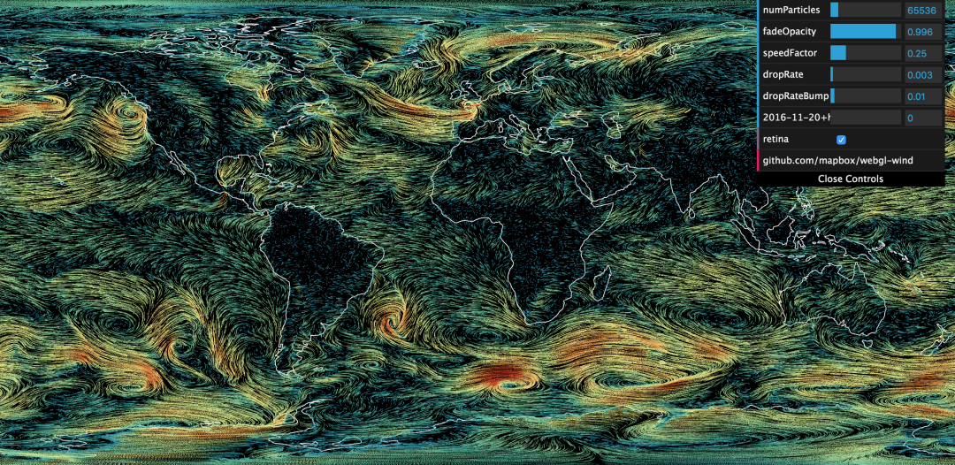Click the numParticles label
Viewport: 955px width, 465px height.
click(x=791, y=11)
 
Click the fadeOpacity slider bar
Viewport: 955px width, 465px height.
click(x=865, y=32)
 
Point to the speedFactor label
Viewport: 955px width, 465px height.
click(x=790, y=53)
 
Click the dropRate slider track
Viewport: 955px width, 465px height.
click(x=865, y=75)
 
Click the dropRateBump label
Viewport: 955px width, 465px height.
click(x=795, y=96)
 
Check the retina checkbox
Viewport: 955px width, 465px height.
click(x=842, y=140)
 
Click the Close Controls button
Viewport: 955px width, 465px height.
click(x=851, y=179)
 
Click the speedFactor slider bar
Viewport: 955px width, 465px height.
click(x=865, y=53)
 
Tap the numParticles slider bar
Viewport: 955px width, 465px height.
click(x=865, y=11)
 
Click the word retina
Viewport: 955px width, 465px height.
click(x=775, y=140)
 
